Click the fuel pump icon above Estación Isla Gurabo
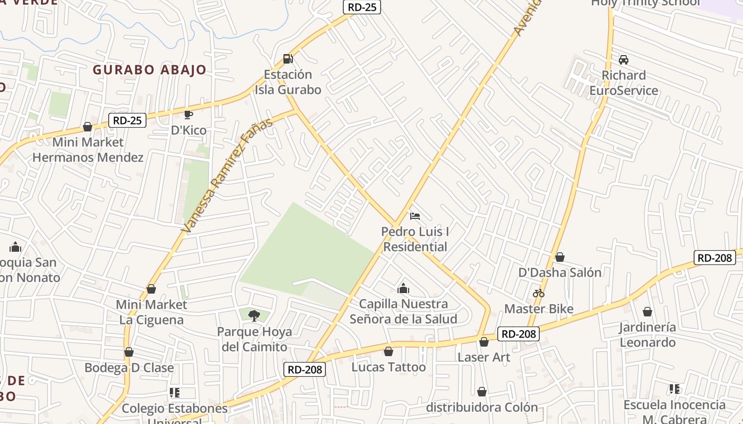tap(288, 59)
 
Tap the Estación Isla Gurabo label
tap(288, 82)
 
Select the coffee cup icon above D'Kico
tap(188, 114)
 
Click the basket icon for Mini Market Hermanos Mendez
tap(88, 127)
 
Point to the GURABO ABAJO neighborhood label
tap(150, 70)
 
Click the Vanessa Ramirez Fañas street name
tap(227, 175)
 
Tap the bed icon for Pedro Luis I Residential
tap(415, 216)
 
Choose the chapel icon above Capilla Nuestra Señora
tap(403, 288)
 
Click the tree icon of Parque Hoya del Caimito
tap(254, 316)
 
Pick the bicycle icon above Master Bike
tap(539, 293)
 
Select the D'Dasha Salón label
tap(560, 272)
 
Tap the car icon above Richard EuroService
tap(624, 59)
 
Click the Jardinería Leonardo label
tap(647, 334)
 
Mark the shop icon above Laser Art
tap(484, 342)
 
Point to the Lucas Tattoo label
tap(388, 367)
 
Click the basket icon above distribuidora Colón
tap(482, 392)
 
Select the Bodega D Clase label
tap(129, 367)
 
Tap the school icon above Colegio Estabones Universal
tap(174, 393)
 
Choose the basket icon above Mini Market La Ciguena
tap(151, 289)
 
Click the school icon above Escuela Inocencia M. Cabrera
tap(675, 390)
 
